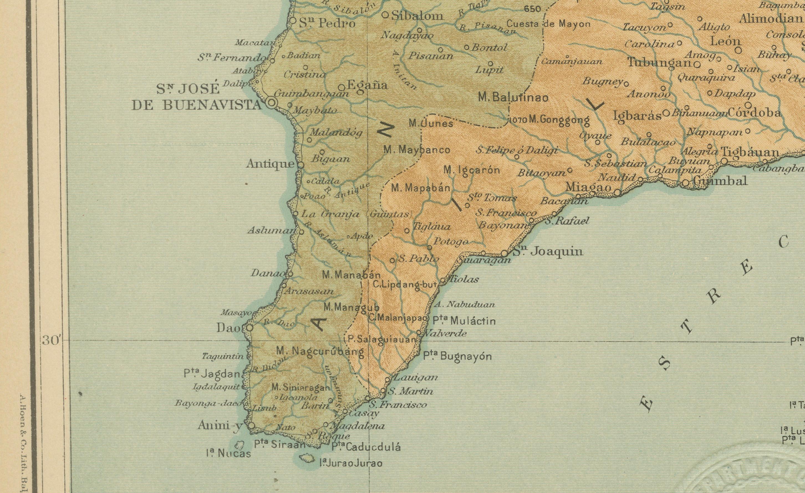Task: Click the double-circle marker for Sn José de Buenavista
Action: pyautogui.click(x=271, y=103)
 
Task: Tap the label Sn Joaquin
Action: pyautogui.click(x=548, y=251)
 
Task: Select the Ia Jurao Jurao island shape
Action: pyautogui.click(x=307, y=458)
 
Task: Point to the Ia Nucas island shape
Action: pyautogui.click(x=240, y=445)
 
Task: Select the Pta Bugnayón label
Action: pyautogui.click(x=457, y=356)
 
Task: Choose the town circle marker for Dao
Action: pyautogui.click(x=249, y=327)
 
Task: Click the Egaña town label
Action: pyautogui.click(x=367, y=85)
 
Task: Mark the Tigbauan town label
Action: pyautogui.click(x=750, y=152)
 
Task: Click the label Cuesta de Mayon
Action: pyautogui.click(x=548, y=24)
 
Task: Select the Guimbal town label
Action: pyautogui.click(x=720, y=181)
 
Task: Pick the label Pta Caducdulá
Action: pyautogui.click(x=366, y=447)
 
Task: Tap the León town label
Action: pyautogui.click(x=725, y=41)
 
